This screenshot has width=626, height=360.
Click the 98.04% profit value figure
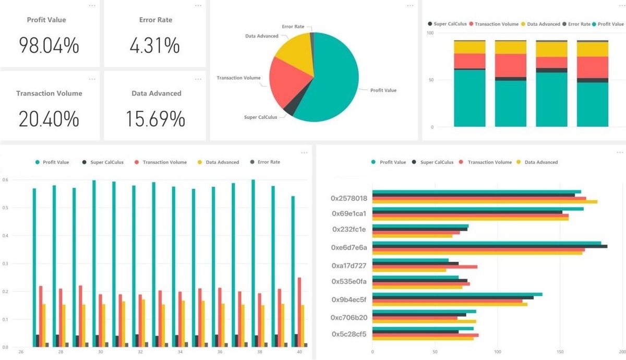coord(49,45)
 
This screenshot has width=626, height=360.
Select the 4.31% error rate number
coord(154,45)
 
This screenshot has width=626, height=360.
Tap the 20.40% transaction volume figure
coord(49,119)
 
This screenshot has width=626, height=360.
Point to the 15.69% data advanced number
coord(155,119)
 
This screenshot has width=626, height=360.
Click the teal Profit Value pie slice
coord(334,83)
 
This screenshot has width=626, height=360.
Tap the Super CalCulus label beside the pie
coord(261,117)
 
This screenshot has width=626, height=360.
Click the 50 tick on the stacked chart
coord(430,80)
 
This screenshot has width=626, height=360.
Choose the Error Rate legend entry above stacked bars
coord(579,24)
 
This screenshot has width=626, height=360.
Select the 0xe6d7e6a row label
coord(349,247)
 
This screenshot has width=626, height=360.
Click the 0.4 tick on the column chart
coord(5,236)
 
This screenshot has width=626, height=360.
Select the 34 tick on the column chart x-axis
coord(179,352)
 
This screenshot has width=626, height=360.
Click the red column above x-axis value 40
coord(299,311)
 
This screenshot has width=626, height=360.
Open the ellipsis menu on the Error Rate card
coord(198,5)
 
